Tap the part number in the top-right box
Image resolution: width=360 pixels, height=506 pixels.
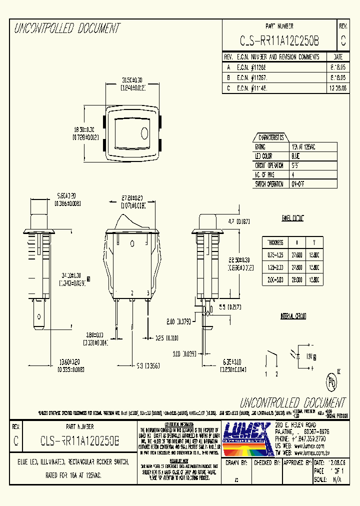tap(279, 40)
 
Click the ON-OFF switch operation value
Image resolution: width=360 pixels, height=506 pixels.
tap(298, 183)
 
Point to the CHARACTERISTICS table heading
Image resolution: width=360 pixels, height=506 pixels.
tap(270, 137)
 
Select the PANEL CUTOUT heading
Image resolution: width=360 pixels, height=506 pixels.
tap(293, 218)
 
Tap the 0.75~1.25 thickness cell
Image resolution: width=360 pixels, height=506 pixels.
tap(275, 255)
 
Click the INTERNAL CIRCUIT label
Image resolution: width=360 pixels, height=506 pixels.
tap(293, 316)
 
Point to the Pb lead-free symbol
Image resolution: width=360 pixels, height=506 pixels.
tap(330, 381)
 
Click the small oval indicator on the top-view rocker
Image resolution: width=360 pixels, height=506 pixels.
tap(145, 133)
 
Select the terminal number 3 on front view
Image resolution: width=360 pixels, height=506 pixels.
tap(148, 292)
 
